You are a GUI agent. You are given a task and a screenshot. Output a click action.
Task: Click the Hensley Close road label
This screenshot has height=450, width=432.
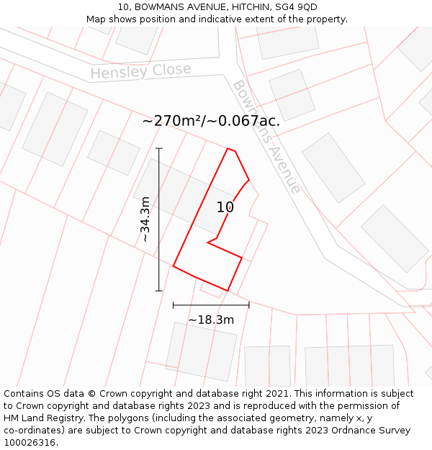(x=141, y=71)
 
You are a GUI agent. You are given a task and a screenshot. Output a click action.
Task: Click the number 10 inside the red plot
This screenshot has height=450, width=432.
(x=225, y=207)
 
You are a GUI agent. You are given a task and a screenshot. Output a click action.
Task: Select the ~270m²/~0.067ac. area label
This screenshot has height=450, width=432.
(x=211, y=121)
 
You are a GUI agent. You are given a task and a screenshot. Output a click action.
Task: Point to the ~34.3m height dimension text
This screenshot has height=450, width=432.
(x=145, y=219)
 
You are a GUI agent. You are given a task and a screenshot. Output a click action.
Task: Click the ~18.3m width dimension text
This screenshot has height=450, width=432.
(x=211, y=320)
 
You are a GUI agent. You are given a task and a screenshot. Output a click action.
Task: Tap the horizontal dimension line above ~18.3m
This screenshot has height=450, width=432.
(x=211, y=305)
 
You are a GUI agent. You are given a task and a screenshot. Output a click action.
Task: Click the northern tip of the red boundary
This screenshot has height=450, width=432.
(x=228, y=148)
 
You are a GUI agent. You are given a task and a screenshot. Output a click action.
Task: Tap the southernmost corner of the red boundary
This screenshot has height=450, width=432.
(x=228, y=291)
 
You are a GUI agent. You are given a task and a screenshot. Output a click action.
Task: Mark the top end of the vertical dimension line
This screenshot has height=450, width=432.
(x=159, y=148)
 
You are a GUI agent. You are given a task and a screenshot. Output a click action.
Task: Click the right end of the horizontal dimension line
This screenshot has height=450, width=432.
(x=249, y=305)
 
